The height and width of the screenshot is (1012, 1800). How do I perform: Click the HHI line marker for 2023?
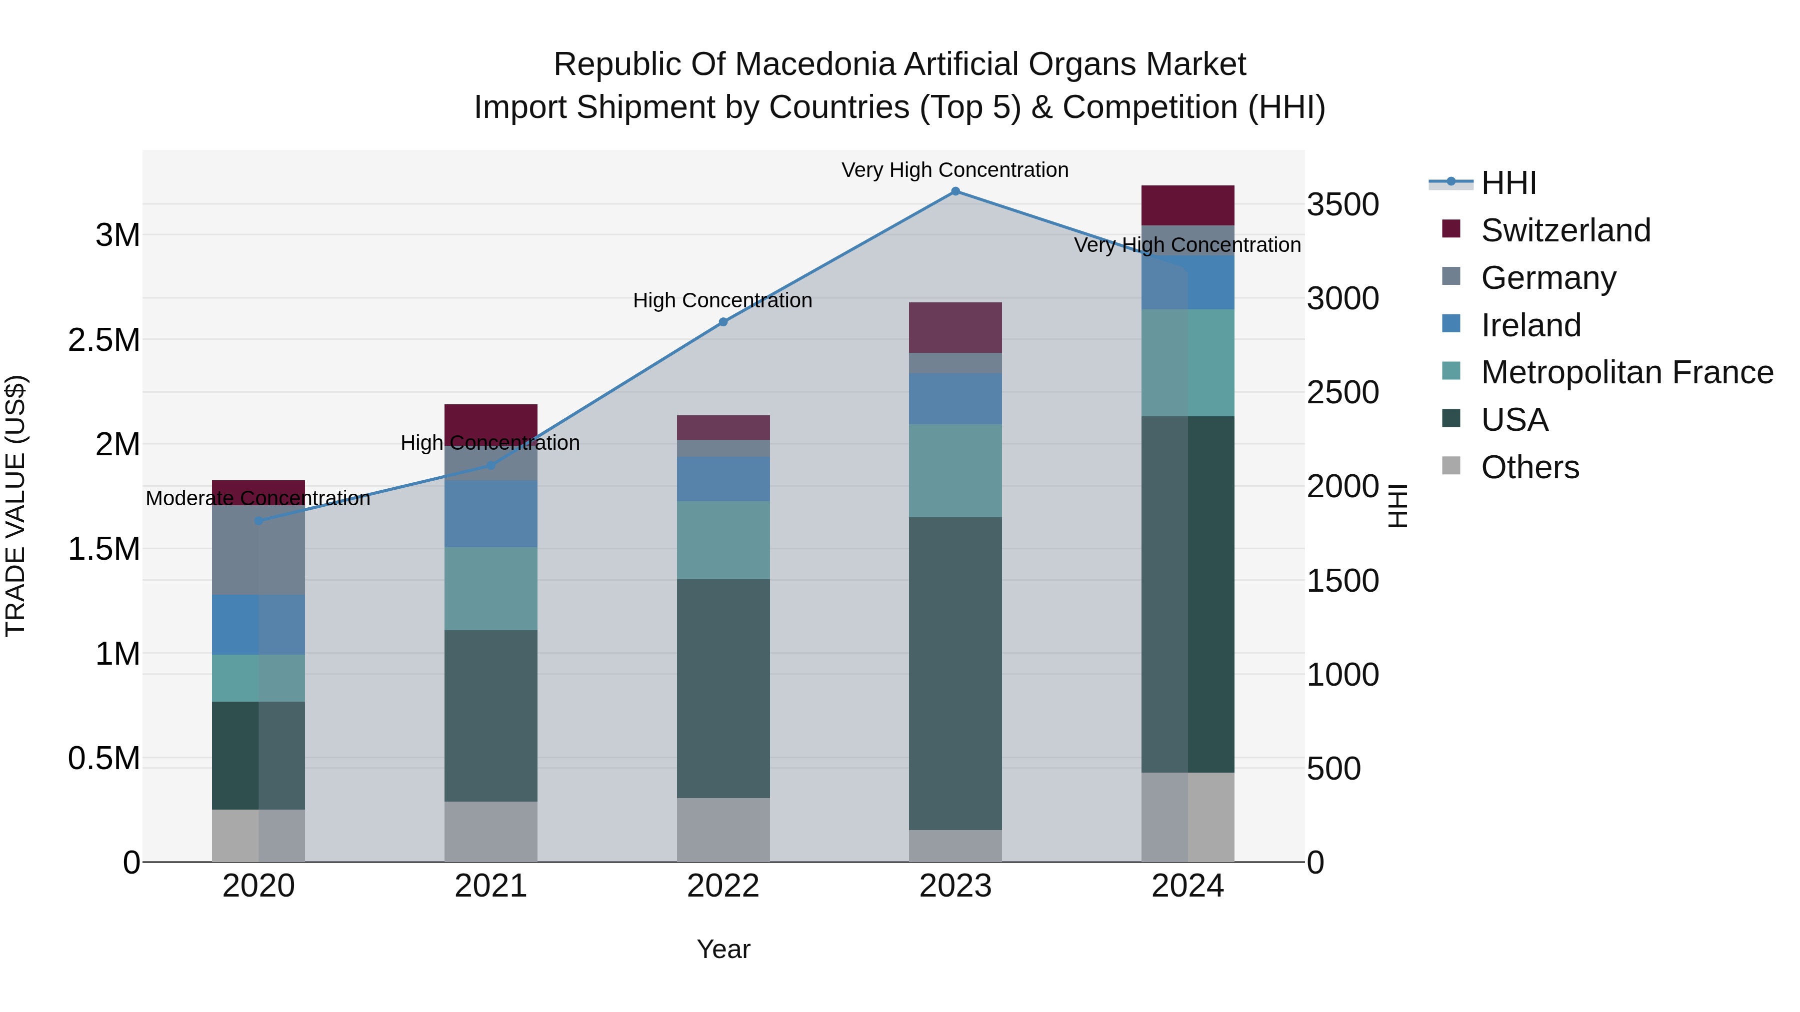coord(955,191)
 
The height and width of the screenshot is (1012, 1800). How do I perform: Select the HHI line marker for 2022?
coord(723,322)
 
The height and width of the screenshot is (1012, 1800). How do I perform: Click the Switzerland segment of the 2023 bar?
coord(955,327)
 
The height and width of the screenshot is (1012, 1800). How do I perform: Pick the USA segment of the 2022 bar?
coord(723,688)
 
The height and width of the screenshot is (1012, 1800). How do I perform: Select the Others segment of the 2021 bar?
coord(490,831)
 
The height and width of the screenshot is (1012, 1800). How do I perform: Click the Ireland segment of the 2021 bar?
coord(490,514)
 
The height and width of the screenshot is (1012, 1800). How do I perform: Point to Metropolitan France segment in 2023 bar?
coord(955,471)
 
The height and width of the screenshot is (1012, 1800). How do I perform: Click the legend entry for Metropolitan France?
coord(1626,372)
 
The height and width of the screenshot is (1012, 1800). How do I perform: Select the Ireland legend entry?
coord(1530,325)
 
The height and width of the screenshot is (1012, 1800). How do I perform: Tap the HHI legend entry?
coord(1508,183)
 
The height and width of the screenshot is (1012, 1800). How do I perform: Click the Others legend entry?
coord(1529,467)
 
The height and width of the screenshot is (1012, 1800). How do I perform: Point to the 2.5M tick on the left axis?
coord(103,340)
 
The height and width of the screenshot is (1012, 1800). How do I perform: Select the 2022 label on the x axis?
coord(723,886)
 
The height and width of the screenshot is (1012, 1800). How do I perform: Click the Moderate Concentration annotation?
coord(258,499)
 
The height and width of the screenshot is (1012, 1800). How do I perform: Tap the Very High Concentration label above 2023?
coord(954,170)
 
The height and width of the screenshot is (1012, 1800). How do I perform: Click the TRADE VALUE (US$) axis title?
coord(15,506)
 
